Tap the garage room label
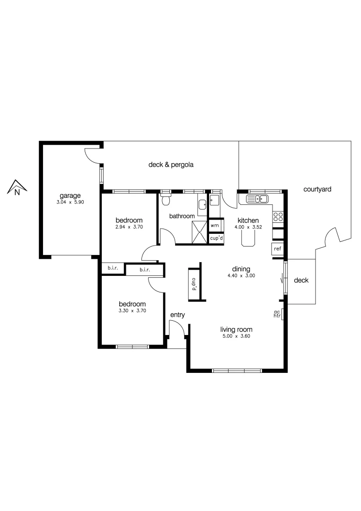pos(70,195)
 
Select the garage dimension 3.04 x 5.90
pos(70,202)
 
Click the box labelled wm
pos(215,226)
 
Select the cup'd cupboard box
pos(216,238)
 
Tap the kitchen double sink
pos(257,199)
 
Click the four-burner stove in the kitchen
pos(278,217)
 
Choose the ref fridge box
pos(277,248)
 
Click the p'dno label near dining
pos(194,284)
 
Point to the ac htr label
pos(277,314)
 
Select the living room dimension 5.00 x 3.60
pos(236,336)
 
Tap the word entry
pos(177,315)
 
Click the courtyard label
pos(317,189)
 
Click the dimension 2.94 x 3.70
pos(129,227)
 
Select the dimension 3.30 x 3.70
pos(132,311)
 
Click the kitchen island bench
pos(248,238)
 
